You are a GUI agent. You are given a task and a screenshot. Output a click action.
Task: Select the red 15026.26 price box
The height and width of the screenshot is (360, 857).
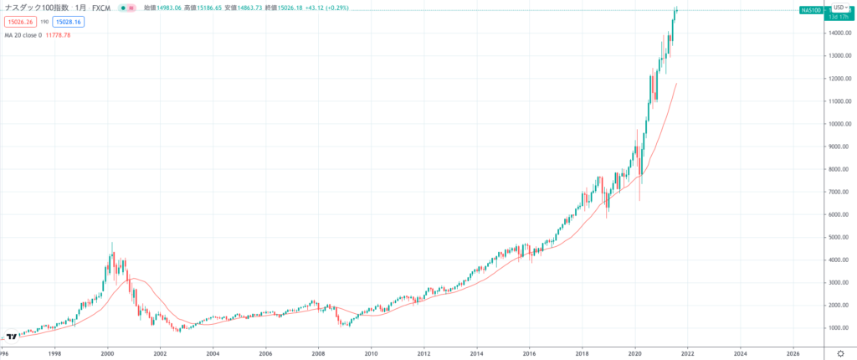[x=18, y=22]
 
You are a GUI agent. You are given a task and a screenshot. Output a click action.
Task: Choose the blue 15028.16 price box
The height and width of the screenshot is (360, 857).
[x=69, y=22]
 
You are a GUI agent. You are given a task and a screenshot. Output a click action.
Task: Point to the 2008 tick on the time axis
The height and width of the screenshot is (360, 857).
[x=318, y=353]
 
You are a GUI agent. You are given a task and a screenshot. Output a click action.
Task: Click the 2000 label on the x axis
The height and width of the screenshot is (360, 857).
[x=107, y=353]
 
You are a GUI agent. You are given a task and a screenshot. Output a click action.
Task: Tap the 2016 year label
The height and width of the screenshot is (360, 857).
[x=529, y=353]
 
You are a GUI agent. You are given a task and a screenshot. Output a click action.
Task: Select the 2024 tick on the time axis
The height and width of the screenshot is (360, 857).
[x=740, y=353]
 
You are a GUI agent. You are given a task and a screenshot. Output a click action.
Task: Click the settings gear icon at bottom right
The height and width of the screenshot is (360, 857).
[x=841, y=353]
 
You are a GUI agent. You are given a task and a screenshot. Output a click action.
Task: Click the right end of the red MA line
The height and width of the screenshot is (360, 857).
[x=676, y=84]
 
